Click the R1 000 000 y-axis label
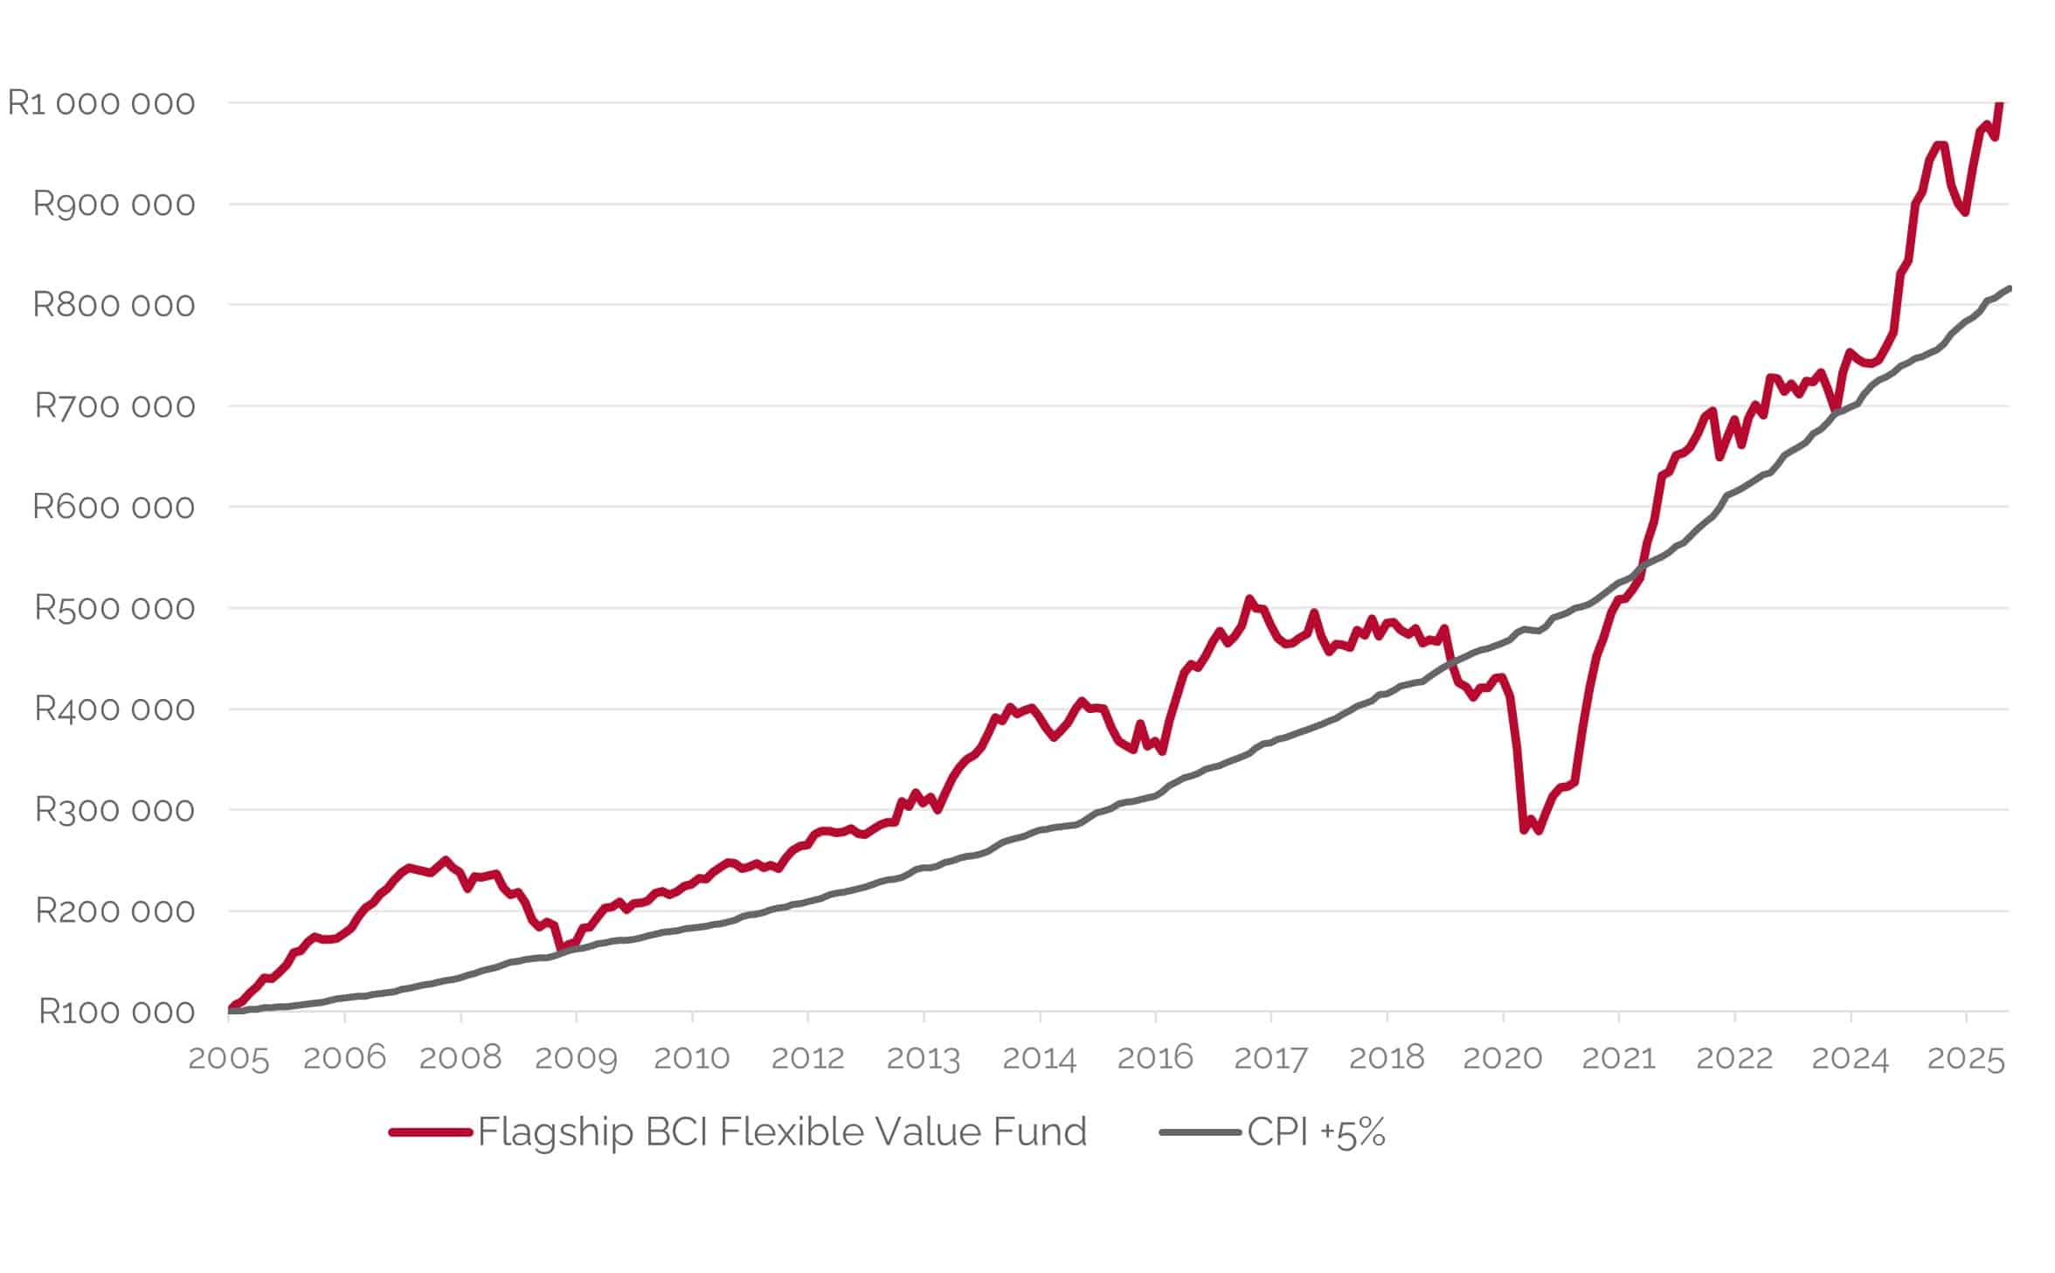(100, 103)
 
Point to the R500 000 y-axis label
(114, 608)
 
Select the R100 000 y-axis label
(116, 1012)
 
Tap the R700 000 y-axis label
(114, 406)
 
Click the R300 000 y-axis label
(114, 810)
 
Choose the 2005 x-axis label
(229, 1058)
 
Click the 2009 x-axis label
(576, 1058)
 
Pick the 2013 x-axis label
(924, 1058)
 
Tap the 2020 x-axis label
(1503, 1058)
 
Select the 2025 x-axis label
(1966, 1058)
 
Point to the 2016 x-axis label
(1155, 1058)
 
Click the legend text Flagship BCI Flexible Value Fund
(782, 1132)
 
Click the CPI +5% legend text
(1316, 1132)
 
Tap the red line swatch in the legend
(431, 1132)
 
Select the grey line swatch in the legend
(1200, 1132)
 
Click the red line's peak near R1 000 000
(2000, 105)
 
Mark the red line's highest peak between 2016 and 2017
(1249, 598)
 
